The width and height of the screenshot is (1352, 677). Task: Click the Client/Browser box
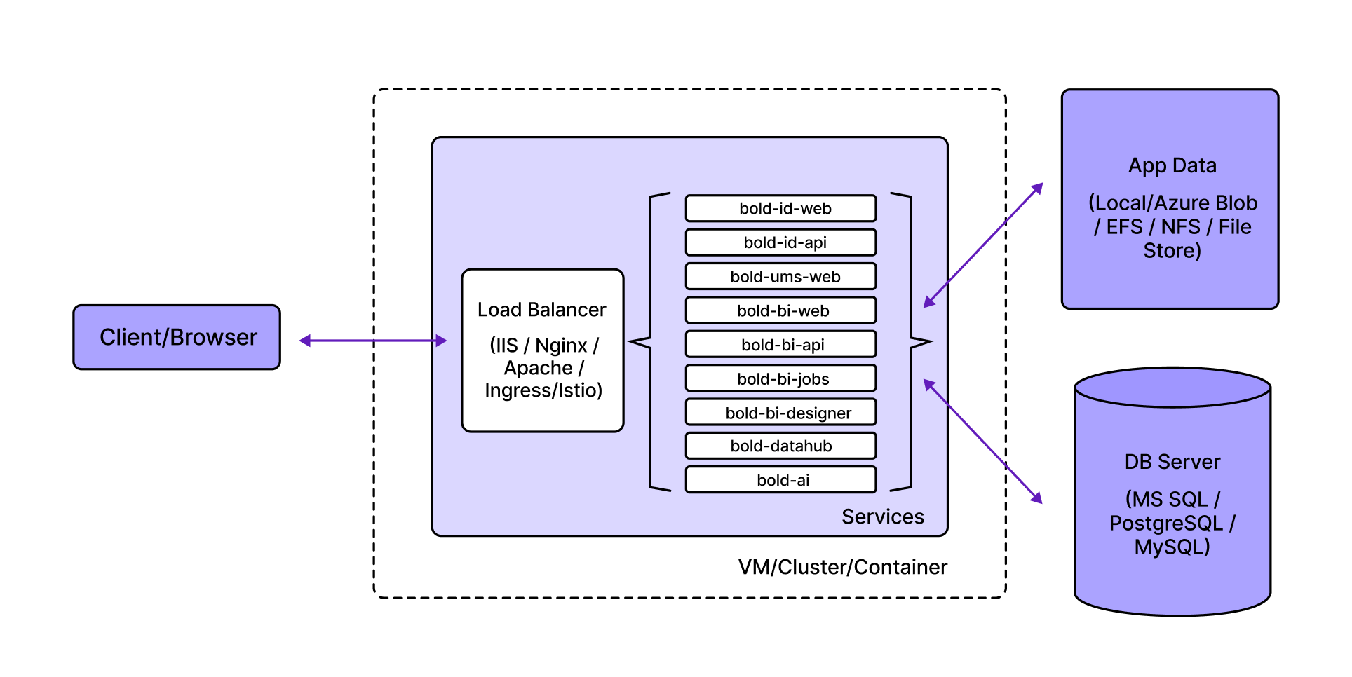click(x=177, y=337)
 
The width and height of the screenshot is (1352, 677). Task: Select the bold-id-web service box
click(x=780, y=208)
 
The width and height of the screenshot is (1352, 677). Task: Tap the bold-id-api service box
click(x=780, y=242)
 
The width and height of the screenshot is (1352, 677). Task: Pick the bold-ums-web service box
click(x=780, y=276)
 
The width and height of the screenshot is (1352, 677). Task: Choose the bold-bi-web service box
click(x=780, y=310)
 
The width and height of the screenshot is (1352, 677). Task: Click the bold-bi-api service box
click(x=780, y=345)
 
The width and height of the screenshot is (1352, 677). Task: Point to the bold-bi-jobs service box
click(x=780, y=378)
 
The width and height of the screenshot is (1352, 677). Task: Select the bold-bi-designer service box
click(x=780, y=413)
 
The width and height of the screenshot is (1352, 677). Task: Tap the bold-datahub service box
click(x=780, y=446)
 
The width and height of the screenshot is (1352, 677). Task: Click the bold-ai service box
click(x=780, y=480)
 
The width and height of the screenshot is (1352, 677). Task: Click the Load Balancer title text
click(x=541, y=310)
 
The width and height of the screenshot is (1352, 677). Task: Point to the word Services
click(x=882, y=517)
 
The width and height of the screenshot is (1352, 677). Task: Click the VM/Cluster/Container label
click(x=842, y=567)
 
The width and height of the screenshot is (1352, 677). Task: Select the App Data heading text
click(x=1172, y=165)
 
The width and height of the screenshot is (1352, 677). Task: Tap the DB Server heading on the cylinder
click(x=1172, y=462)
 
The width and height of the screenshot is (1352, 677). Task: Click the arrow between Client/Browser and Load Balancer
click(x=373, y=341)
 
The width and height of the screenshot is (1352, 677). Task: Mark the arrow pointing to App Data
click(x=983, y=245)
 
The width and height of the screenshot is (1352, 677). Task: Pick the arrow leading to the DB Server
click(x=983, y=442)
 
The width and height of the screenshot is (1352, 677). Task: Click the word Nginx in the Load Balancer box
click(x=561, y=346)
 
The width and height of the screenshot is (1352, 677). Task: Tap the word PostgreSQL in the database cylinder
click(x=1165, y=524)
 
